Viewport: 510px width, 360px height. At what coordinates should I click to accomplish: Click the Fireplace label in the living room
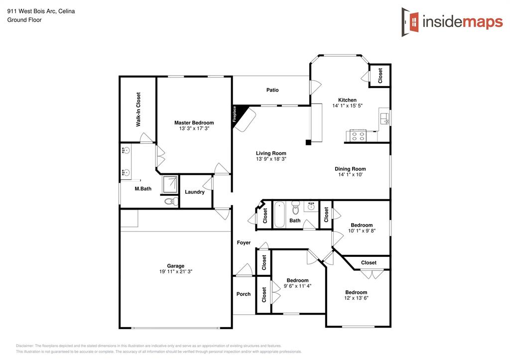click(235, 114)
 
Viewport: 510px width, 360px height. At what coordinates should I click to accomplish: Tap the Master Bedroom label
click(194, 122)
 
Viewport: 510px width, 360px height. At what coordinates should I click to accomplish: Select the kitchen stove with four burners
click(358, 135)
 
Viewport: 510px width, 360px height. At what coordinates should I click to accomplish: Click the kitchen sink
click(385, 119)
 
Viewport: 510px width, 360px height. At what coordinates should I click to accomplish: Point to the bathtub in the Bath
click(279, 215)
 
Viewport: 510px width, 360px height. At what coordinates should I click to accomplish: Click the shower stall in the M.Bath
click(170, 185)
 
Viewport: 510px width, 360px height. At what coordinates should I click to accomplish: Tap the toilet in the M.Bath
click(171, 202)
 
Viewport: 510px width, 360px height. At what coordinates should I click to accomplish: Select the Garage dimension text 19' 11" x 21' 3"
click(176, 271)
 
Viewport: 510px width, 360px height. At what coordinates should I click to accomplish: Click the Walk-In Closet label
click(138, 109)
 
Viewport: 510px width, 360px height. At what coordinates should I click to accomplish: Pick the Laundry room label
click(195, 192)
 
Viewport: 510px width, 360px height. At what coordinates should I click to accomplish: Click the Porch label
click(243, 294)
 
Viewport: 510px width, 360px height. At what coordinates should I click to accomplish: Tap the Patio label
click(272, 90)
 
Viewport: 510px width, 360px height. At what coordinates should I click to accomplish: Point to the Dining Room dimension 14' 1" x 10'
click(350, 175)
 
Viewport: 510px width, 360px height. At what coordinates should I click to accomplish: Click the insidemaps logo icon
click(410, 22)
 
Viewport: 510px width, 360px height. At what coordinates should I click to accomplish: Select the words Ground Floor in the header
click(24, 20)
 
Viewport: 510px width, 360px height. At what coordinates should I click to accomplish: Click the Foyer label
click(244, 242)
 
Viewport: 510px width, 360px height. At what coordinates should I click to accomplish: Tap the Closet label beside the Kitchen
click(380, 76)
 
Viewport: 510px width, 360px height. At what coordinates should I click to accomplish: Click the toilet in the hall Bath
click(295, 208)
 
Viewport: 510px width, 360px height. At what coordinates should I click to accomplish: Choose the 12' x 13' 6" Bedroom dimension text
click(356, 298)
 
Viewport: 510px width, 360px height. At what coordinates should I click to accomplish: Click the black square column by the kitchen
click(308, 142)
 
